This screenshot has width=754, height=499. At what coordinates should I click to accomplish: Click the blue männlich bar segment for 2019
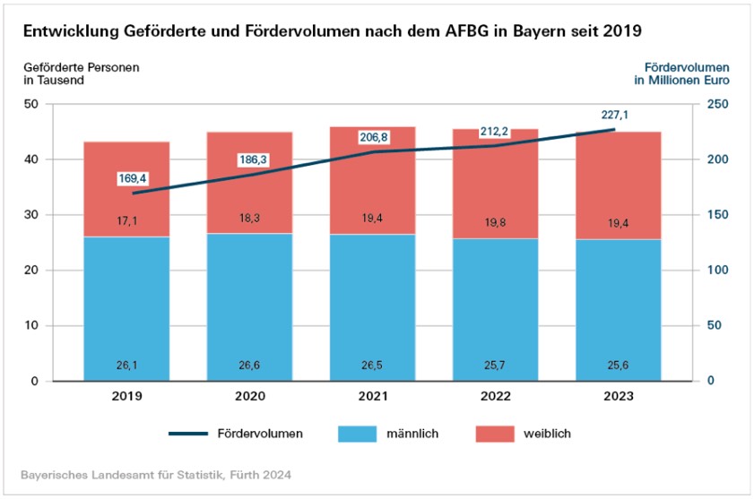point(126,309)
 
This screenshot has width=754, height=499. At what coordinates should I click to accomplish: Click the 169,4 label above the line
point(133,178)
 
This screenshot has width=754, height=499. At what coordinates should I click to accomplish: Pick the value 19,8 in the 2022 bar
point(495,224)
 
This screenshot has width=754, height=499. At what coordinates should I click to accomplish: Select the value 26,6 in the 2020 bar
point(249,365)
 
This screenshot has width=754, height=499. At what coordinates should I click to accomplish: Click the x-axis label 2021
point(372,396)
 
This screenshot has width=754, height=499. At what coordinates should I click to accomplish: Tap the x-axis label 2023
point(618,396)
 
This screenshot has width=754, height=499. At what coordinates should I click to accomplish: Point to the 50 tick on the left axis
point(31,104)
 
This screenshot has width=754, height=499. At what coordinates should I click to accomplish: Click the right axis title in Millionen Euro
point(681,81)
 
